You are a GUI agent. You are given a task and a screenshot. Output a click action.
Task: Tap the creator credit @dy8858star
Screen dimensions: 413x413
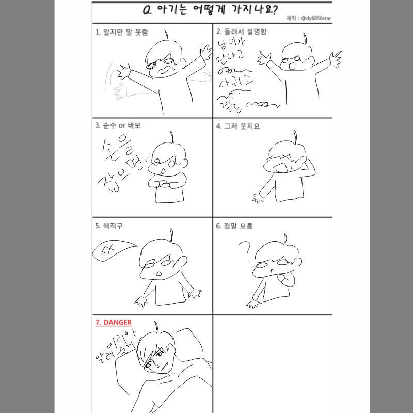[x=308, y=18]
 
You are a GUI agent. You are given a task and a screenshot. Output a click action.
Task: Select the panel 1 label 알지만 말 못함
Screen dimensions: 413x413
[x=122, y=32]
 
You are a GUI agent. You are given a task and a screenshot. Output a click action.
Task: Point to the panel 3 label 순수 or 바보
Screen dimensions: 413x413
[x=118, y=125]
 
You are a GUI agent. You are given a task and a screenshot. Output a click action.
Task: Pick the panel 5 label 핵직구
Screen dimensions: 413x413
[x=109, y=226]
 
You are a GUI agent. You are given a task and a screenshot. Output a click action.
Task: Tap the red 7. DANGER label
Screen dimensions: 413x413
[x=113, y=322]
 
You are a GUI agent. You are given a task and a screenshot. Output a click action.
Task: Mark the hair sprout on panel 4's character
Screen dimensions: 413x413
[x=295, y=135]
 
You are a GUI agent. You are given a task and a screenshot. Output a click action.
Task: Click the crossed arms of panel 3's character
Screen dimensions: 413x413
[x=163, y=184]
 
